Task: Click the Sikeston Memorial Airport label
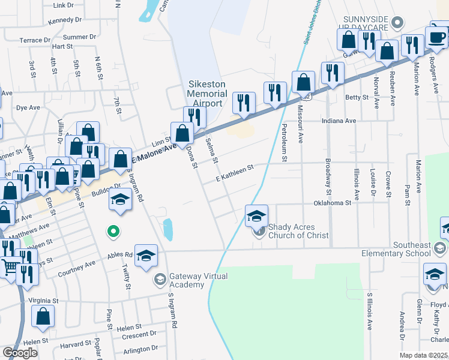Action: click(207, 94)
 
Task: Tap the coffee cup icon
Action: click(438, 37)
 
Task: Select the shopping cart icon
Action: click(10, 267)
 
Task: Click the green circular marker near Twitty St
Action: click(112, 230)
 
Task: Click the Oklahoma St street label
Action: click(332, 203)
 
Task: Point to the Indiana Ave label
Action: click(339, 121)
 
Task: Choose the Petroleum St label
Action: click(285, 143)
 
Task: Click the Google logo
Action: click(20, 352)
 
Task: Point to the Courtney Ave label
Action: click(76, 269)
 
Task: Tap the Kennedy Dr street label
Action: click(65, 20)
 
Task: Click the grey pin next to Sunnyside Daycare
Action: click(396, 23)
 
